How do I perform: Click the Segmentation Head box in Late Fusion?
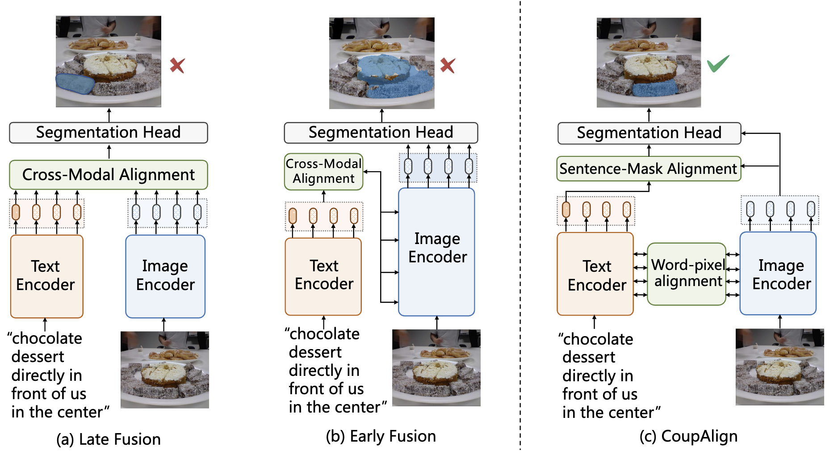109,133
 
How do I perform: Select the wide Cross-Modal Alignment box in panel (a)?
109,175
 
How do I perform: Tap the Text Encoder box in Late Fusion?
46,276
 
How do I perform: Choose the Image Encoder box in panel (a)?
165,276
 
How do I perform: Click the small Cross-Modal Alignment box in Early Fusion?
324,172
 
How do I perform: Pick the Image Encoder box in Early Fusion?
436,252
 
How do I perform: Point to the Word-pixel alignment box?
687,274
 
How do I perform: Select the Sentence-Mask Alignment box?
649,169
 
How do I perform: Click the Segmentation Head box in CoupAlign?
649,133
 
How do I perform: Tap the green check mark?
718,63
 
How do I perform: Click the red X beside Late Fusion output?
177,66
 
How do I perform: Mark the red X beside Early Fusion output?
448,66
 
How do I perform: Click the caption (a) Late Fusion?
109,439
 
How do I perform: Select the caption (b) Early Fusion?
381,436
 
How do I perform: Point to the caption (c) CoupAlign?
688,436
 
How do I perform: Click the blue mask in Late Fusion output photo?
75,84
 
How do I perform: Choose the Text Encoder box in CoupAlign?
595,274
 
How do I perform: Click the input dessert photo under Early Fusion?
436,368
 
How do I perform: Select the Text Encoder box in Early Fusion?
323,276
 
